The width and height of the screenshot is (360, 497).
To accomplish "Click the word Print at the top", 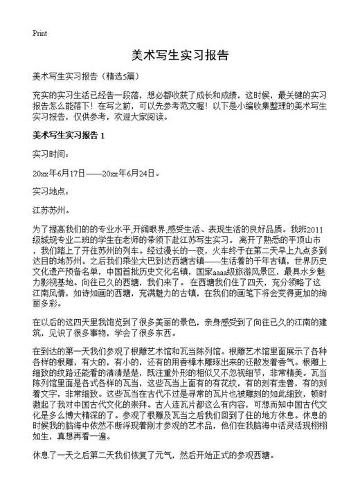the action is [39, 33].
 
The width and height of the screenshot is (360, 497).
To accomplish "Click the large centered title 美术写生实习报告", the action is [179, 55].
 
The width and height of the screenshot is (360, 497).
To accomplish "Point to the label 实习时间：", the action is [51, 153].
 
